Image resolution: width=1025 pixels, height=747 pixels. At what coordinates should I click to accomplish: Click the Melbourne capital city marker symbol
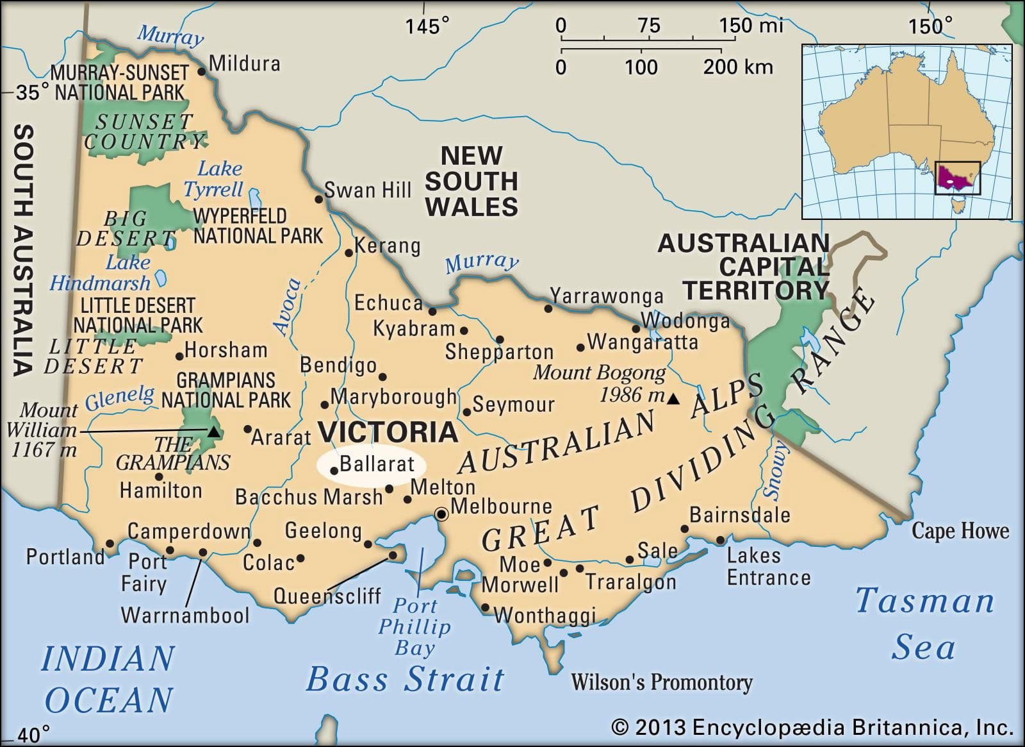coord(441,514)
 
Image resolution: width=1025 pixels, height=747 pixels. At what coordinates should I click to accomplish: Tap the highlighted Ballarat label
coord(377,464)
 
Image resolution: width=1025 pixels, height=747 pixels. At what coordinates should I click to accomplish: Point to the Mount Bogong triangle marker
coord(673,399)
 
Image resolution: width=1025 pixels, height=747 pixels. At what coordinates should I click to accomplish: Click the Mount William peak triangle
coord(214,432)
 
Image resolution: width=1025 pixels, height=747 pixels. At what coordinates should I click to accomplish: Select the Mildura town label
coord(245,63)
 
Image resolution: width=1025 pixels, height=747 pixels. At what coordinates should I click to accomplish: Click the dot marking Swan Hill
coord(319,199)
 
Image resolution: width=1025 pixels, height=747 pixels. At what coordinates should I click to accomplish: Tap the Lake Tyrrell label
coord(214,179)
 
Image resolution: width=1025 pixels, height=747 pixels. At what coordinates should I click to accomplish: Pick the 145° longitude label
coord(427,26)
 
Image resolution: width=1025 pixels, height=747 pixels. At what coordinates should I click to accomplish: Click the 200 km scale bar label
coord(737,67)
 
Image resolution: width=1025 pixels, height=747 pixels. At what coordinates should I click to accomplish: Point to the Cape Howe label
coord(960,531)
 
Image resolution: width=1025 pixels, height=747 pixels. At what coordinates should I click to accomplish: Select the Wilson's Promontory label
coord(661,682)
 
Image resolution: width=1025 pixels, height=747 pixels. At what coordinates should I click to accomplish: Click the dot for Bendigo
coord(382,377)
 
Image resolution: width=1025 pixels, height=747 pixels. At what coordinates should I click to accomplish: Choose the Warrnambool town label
coord(185,616)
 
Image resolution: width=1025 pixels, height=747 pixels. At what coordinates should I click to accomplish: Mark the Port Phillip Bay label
coord(414,626)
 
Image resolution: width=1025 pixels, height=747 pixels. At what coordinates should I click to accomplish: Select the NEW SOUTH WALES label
coord(471,181)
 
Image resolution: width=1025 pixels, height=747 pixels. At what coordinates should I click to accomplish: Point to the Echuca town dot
coord(432,312)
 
